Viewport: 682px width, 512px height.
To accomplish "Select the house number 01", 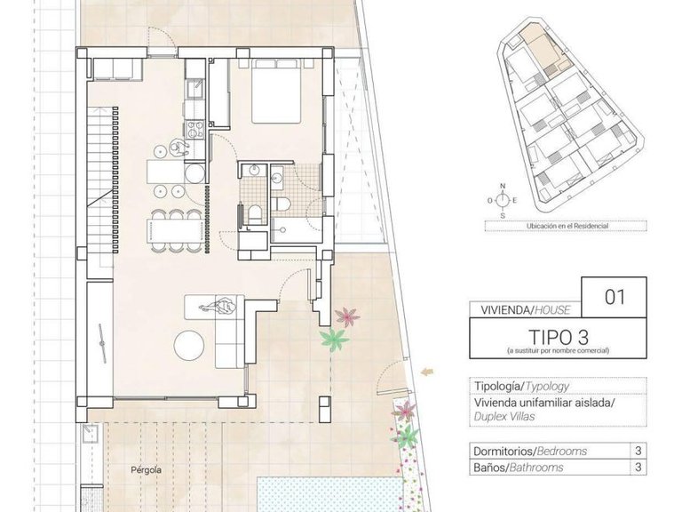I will pos(615,297).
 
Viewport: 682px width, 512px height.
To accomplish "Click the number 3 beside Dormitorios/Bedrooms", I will pos(638,451).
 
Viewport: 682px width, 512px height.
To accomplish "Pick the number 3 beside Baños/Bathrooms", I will pos(638,467).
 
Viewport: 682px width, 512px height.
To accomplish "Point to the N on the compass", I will pos(503,186).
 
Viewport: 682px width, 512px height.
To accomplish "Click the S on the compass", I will pos(503,215).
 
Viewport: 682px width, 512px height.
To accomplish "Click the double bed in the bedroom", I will pos(276,92).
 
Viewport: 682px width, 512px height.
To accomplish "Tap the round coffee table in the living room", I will pos(193,344).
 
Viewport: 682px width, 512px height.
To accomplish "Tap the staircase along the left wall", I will pos(100,169).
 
